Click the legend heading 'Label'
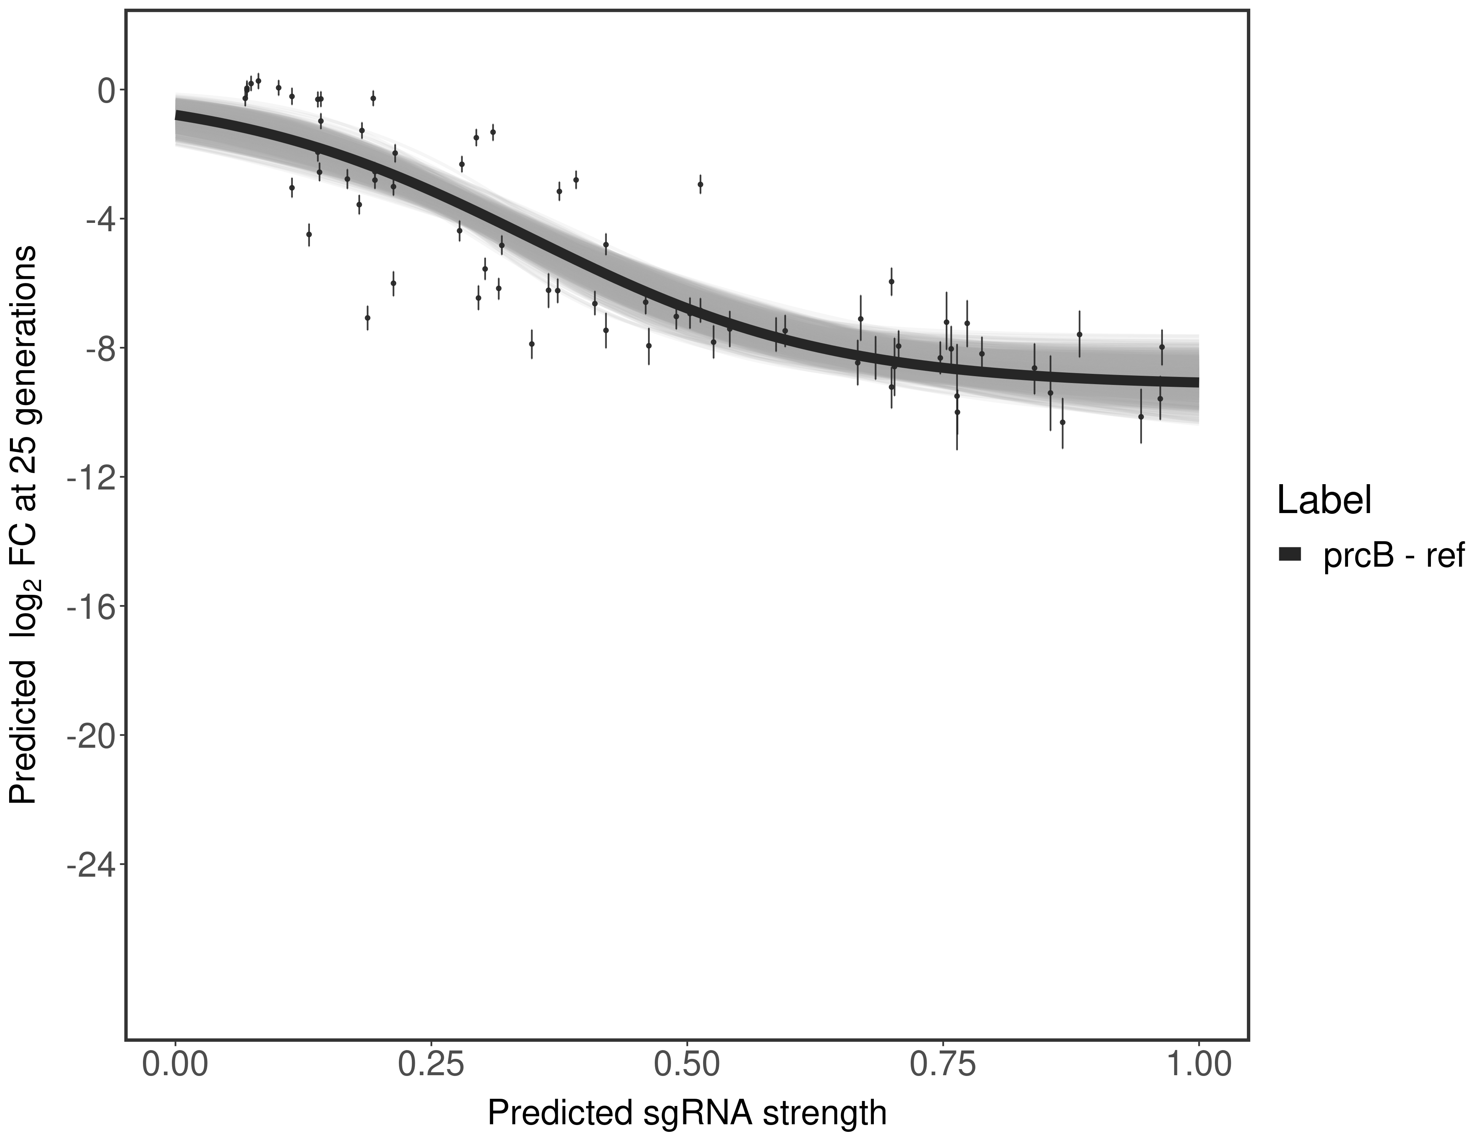(1324, 501)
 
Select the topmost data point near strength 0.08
(258, 80)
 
